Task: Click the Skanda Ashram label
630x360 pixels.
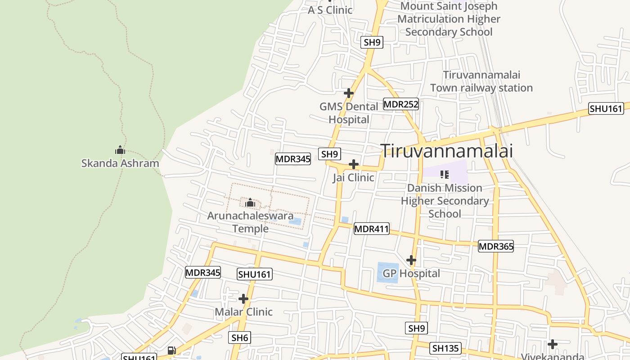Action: pos(120,163)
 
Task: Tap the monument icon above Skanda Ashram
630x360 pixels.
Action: pos(120,150)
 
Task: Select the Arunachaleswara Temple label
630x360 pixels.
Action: pos(250,222)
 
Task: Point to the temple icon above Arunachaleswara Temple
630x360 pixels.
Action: pos(250,203)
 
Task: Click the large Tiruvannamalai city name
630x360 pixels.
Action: pos(447,151)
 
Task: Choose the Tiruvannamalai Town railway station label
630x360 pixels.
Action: pos(481,81)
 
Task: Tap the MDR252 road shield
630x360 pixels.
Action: pos(401,104)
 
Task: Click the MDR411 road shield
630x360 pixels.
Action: pos(371,229)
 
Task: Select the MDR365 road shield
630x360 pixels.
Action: pos(495,246)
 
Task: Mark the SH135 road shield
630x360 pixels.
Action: pos(445,348)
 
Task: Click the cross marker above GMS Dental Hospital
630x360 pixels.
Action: pos(349,93)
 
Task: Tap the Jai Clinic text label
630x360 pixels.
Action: pos(353,177)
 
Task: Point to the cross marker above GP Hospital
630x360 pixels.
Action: pos(411,260)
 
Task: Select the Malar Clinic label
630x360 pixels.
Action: pos(243,312)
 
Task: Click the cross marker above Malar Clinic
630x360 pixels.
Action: pos(243,299)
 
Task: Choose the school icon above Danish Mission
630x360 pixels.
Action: pos(445,174)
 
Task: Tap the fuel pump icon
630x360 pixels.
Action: pos(171,351)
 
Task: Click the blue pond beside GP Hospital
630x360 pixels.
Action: pos(387,272)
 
